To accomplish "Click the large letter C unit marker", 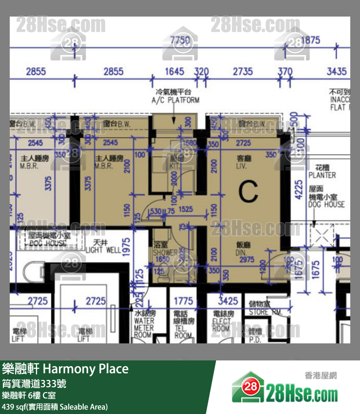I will (x=248, y=191).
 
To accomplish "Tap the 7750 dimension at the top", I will (x=180, y=41).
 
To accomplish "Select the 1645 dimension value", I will (x=175, y=72).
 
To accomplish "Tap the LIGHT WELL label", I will (x=103, y=246).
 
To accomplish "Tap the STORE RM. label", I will (x=265, y=308).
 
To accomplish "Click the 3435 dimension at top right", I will (x=336, y=72).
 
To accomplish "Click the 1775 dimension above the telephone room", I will (x=183, y=301).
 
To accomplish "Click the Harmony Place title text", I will (x=66, y=369).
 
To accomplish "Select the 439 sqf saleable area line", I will (x=55, y=406).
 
